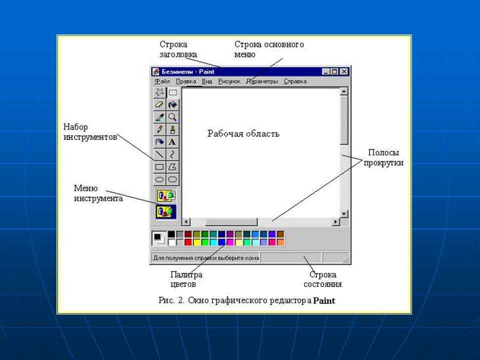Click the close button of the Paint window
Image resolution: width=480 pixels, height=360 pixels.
[x=344, y=71]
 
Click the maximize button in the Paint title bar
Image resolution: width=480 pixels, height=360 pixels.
[x=334, y=71]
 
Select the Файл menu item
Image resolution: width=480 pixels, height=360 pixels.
[x=162, y=81]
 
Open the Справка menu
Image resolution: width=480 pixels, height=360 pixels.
[x=295, y=81]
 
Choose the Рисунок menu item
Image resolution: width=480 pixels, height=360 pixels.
[x=229, y=81]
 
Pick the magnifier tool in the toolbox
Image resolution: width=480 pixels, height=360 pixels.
[x=172, y=117]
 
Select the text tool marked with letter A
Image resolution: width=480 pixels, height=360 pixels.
[x=172, y=142]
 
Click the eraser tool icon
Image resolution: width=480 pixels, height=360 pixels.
[x=159, y=104]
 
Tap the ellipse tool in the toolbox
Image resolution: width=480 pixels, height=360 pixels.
[x=159, y=179]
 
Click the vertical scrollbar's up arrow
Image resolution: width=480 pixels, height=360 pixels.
[x=344, y=91]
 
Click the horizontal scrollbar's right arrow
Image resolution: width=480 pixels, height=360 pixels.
[x=335, y=221]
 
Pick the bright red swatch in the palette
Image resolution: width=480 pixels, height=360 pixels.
[x=188, y=242]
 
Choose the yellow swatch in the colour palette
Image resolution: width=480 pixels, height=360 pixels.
[x=196, y=242]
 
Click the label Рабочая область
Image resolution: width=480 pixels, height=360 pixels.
[x=243, y=133]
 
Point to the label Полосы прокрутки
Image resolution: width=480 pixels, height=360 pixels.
[x=383, y=157]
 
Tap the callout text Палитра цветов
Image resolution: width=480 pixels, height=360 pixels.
[x=186, y=279]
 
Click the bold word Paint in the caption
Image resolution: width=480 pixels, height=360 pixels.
[x=324, y=300]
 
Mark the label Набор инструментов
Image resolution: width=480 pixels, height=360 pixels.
[x=90, y=132]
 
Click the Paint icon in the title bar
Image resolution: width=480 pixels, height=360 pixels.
[x=156, y=71]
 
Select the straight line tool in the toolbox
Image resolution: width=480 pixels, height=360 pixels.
[x=159, y=154]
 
